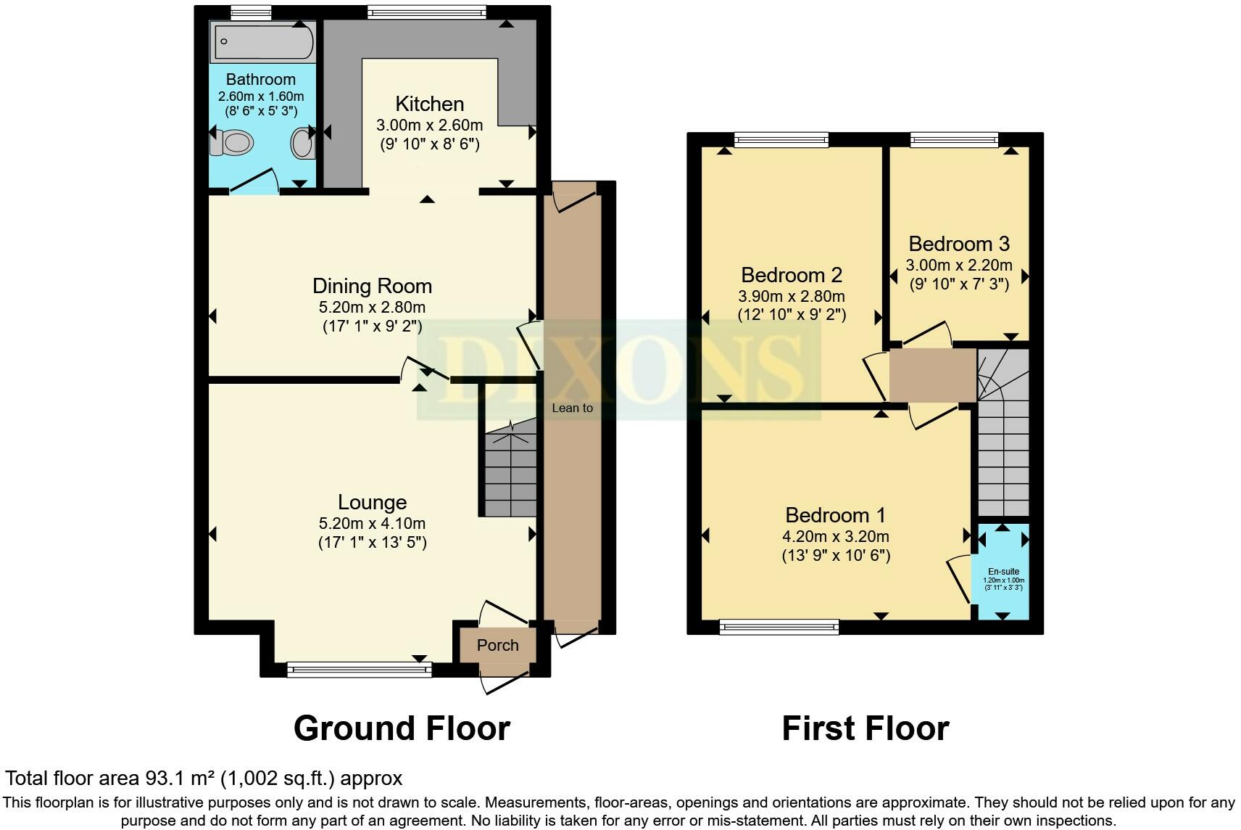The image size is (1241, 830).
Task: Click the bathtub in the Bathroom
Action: pos(262,41)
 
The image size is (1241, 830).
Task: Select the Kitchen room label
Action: pos(429,104)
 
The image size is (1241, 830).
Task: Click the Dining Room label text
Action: pos(373,286)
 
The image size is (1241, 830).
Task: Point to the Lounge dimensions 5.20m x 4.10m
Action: pos(373,523)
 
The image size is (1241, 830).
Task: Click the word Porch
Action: pos(497,646)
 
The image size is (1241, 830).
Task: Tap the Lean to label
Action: pos(573,408)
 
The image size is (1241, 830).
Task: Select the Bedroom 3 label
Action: pos(959,244)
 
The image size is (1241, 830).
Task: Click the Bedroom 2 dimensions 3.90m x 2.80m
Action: pos(792,296)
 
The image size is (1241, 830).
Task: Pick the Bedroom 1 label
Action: pos(836,516)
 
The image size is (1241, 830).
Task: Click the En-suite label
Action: pos(1003,572)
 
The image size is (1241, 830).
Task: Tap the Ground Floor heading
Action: pos(402,728)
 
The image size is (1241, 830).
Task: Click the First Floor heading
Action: pos(866,728)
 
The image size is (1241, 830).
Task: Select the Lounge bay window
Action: pos(359,670)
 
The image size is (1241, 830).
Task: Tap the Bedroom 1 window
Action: pos(779,627)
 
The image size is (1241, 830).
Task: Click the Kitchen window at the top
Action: pos(426,12)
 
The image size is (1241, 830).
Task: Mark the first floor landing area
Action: pos(932,375)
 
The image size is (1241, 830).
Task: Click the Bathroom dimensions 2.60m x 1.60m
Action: pos(261,96)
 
